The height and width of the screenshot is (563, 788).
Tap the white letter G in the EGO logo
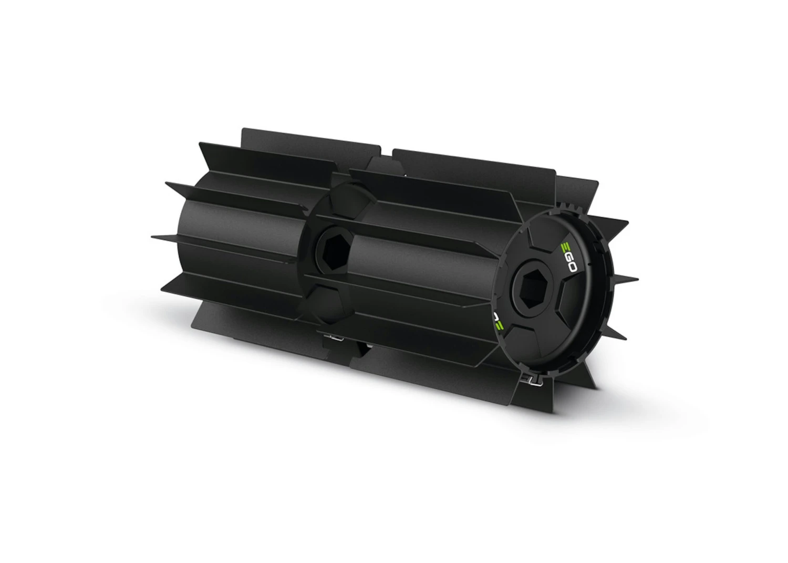[x=568, y=257]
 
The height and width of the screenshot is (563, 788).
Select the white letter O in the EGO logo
[x=572, y=267]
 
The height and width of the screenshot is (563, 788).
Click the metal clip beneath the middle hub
[x=334, y=338]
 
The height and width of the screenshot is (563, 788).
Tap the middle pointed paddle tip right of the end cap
[x=637, y=280]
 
